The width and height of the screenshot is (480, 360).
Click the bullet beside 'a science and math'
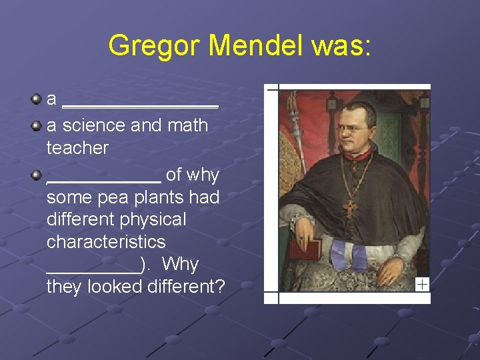37,125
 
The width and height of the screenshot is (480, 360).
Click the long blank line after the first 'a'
140,105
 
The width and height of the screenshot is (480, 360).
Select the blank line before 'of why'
103,180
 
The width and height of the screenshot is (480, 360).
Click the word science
94,125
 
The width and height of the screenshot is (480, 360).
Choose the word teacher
77,148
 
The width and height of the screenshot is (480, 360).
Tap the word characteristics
106,241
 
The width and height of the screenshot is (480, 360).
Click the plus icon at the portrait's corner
422,285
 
